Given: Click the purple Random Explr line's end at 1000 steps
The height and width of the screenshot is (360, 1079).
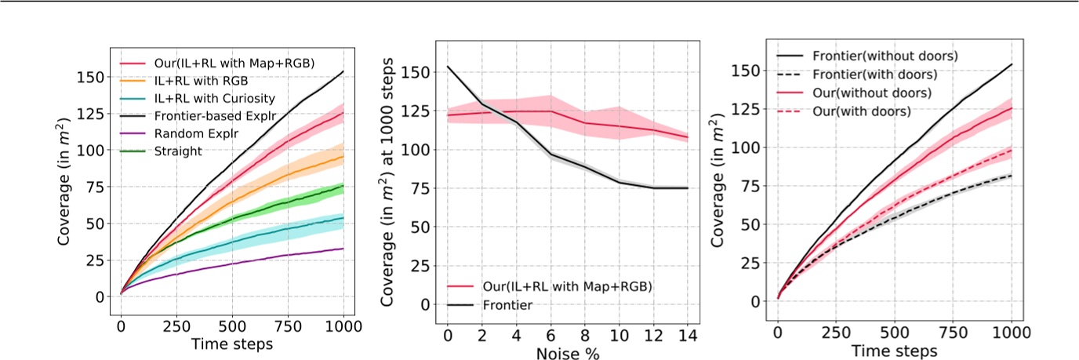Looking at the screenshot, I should (x=343, y=249).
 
